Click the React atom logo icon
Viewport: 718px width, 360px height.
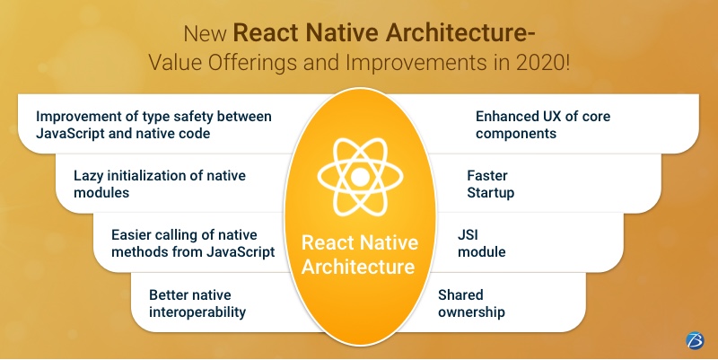tap(359, 176)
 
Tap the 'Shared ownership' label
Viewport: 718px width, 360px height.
tap(472, 303)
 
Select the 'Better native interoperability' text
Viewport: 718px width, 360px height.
tap(197, 303)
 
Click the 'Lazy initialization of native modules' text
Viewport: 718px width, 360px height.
tap(160, 183)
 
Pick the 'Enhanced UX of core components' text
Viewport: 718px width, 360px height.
tap(542, 125)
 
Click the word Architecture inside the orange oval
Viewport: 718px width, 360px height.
tap(358, 267)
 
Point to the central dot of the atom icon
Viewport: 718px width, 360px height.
tap(359, 177)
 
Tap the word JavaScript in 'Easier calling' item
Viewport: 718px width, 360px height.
tap(236, 252)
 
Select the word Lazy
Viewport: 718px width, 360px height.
tap(90, 175)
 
